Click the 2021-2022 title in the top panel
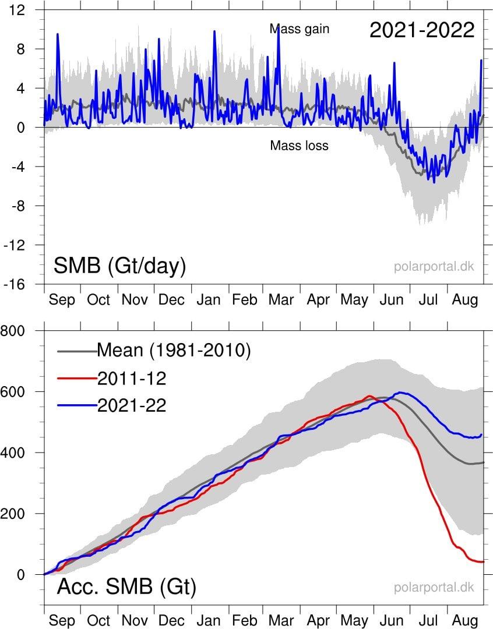pyautogui.click(x=422, y=30)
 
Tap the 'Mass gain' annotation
pyautogui.click(x=300, y=29)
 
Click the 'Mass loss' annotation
pyautogui.click(x=299, y=146)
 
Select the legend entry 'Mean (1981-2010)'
pyautogui.click(x=174, y=351)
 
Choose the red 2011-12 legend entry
pyautogui.click(x=132, y=379)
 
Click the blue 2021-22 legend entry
pyautogui.click(x=132, y=405)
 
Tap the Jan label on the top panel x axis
pyautogui.click(x=209, y=300)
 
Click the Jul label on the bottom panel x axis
pyautogui.click(x=429, y=621)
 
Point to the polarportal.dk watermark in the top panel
pyautogui.click(x=434, y=267)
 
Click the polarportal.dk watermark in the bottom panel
pyautogui.click(x=434, y=588)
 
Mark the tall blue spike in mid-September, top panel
pyautogui.click(x=57, y=35)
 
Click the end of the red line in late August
pyautogui.click(x=483, y=561)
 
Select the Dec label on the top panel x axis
pyautogui.click(x=171, y=300)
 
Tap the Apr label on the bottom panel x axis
pyautogui.click(x=318, y=621)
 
